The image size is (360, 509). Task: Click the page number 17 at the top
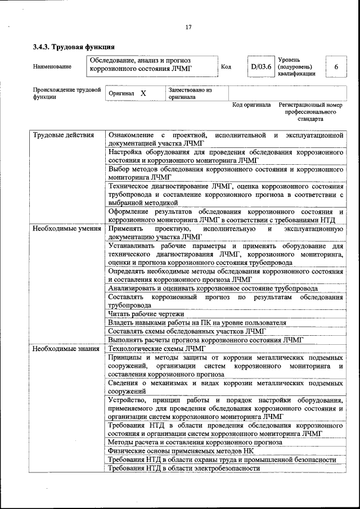click(188, 27)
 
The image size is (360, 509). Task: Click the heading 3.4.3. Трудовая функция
click(74, 47)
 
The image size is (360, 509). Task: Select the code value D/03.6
click(261, 66)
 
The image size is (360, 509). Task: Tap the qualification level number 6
click(336, 67)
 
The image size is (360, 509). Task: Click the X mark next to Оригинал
click(143, 93)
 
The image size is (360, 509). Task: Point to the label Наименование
click(52, 67)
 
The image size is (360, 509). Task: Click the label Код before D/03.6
click(226, 67)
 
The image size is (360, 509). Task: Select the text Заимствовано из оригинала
click(190, 93)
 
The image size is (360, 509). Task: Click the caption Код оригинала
click(251, 105)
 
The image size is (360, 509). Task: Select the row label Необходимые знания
click(66, 349)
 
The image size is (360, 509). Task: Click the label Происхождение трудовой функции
click(66, 93)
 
